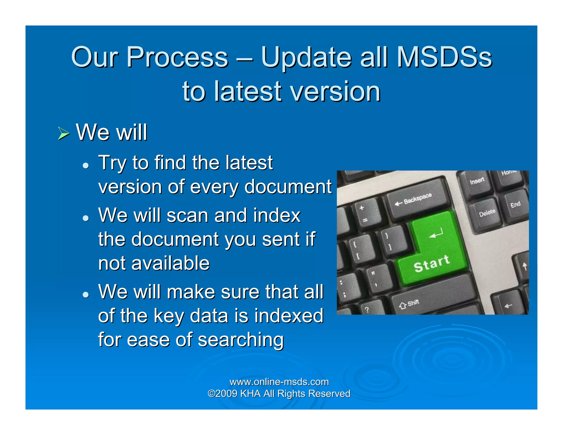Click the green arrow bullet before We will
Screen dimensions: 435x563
point(64,134)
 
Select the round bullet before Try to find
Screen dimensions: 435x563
point(86,165)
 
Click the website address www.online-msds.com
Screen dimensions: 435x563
point(279,382)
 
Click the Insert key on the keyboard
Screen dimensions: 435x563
point(477,182)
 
